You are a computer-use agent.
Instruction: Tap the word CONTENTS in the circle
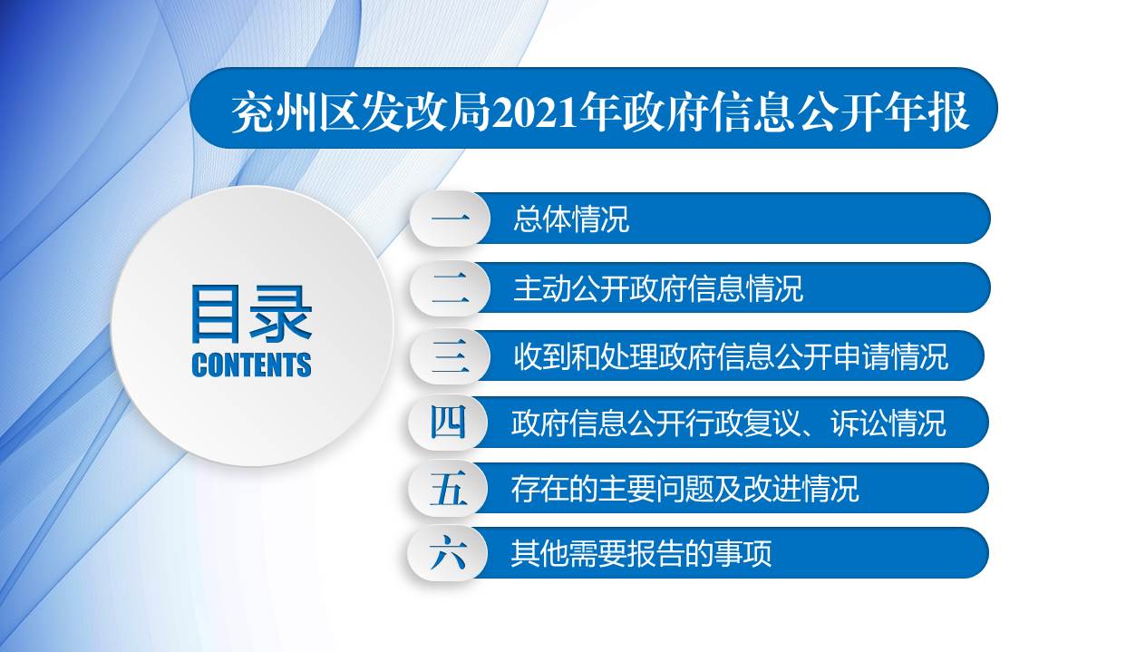point(251,365)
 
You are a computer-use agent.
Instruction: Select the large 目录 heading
point(251,314)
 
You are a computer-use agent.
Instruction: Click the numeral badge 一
point(450,219)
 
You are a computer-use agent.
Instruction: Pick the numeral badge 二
point(450,288)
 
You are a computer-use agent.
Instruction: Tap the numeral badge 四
point(448,423)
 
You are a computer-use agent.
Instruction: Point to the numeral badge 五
point(448,489)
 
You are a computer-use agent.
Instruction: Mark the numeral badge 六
point(448,553)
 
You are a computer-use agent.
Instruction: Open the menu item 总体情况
point(571,219)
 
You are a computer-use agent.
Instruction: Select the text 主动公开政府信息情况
point(658,288)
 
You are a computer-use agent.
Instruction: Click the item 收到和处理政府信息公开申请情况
point(731,356)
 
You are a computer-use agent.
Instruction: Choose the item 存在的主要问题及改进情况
point(684,489)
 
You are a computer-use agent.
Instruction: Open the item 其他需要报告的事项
point(641,553)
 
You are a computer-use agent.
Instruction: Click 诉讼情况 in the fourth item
point(888,423)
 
